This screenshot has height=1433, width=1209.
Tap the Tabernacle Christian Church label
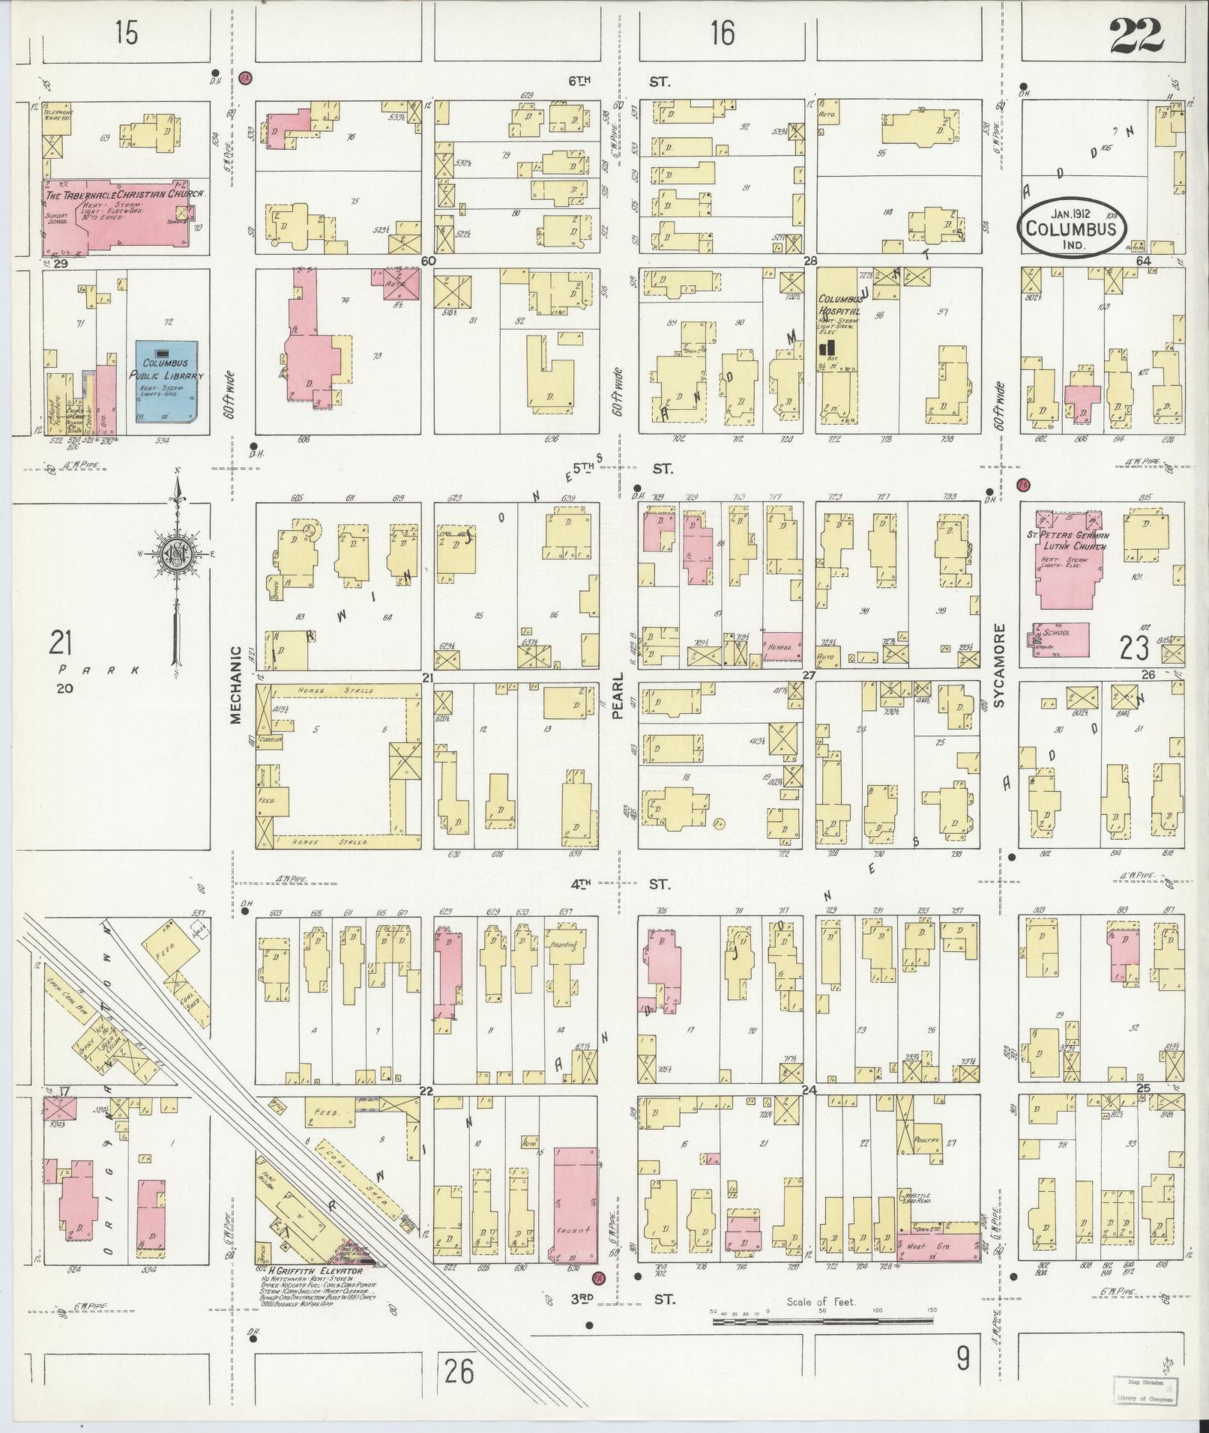coord(124,193)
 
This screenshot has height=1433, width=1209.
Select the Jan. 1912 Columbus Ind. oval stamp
coord(1071,222)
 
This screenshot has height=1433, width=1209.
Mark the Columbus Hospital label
coord(839,305)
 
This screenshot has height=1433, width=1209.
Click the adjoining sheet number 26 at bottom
coord(458,1371)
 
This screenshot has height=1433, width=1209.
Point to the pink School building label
coord(1057,632)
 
